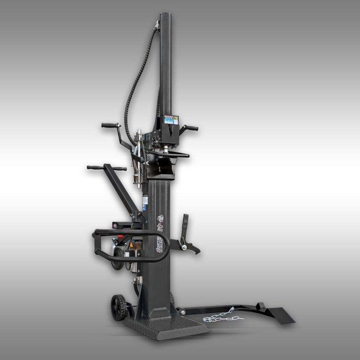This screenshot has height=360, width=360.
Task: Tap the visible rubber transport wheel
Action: (x=118, y=307)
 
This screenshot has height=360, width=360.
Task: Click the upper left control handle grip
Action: (x=110, y=125)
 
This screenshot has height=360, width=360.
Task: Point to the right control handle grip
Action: (x=192, y=128)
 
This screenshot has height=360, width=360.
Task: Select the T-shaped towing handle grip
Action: (x=106, y=168)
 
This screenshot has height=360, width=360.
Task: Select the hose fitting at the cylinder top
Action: (x=157, y=25)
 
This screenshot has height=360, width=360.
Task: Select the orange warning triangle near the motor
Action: (x=132, y=246)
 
